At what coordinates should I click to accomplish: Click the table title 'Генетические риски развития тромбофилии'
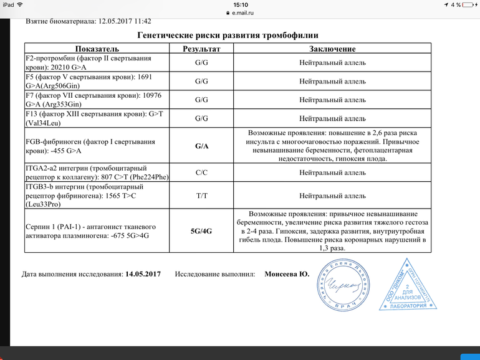pos(228,36)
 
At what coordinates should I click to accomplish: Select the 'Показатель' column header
pos(100,49)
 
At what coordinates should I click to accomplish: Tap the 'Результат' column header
pos(201,49)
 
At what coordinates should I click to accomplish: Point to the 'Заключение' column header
pos(332,49)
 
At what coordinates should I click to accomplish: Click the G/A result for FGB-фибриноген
pos(201,146)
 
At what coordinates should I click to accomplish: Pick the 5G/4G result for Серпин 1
pos(201,230)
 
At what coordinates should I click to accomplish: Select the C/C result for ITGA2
pos(201,173)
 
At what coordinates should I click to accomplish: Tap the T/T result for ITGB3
pos(201,196)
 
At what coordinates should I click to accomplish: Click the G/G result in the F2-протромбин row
pos(201,63)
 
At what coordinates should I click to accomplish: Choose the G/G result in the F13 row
pos(201,118)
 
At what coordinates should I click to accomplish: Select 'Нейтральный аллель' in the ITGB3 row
pos(332,196)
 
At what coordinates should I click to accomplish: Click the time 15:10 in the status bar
pos(240,4)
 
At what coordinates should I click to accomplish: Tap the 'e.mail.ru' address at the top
pos(242,12)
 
